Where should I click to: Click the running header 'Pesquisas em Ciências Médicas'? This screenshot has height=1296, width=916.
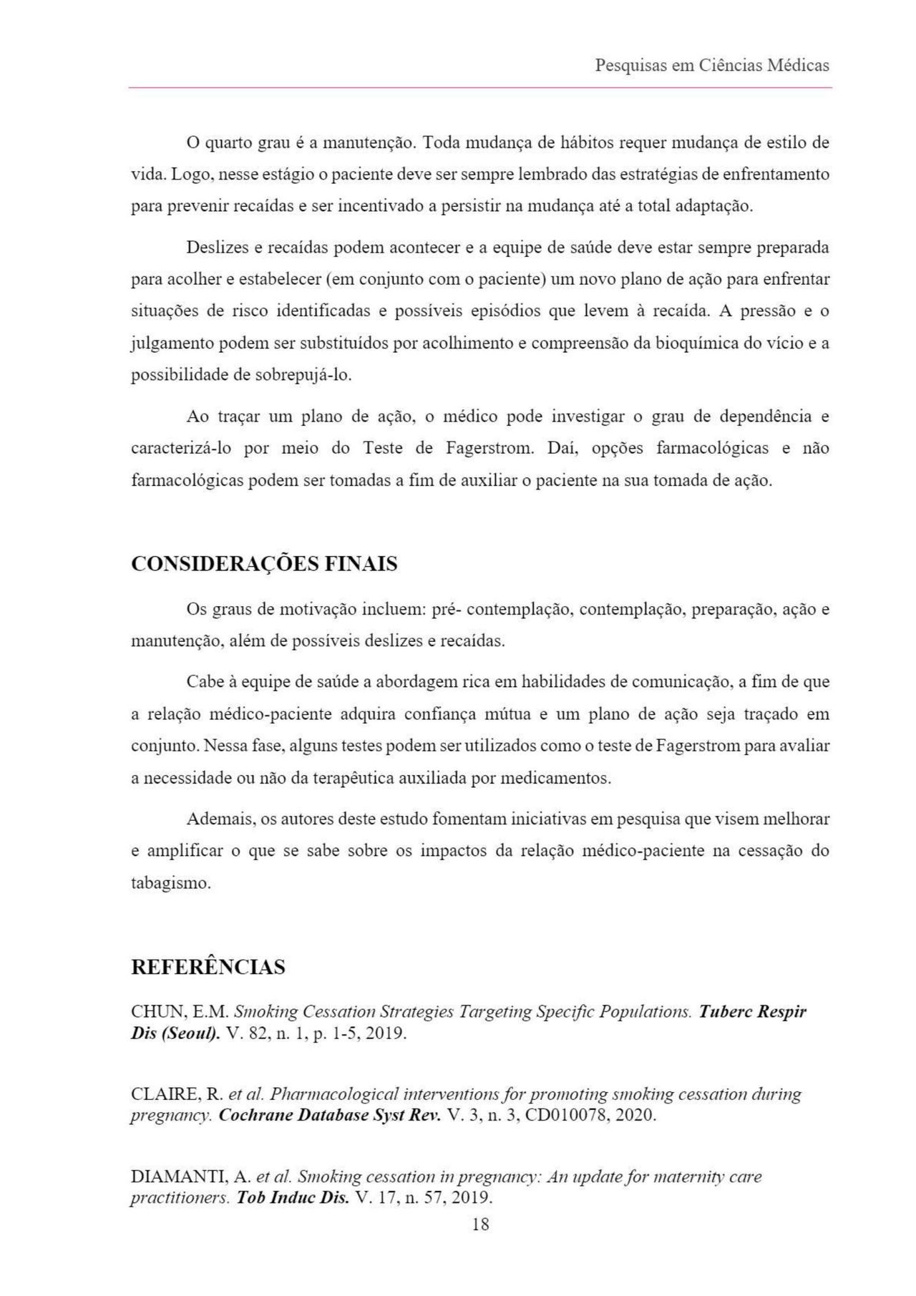coord(712,66)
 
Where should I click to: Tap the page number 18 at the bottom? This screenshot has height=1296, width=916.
coord(481,1224)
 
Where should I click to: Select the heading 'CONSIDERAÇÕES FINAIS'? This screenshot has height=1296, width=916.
coord(264,564)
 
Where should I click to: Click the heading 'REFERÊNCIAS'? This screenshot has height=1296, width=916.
coord(208,968)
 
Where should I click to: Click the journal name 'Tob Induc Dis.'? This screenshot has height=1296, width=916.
coord(293,1198)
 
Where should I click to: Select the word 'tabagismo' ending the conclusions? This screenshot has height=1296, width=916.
coord(170,883)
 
